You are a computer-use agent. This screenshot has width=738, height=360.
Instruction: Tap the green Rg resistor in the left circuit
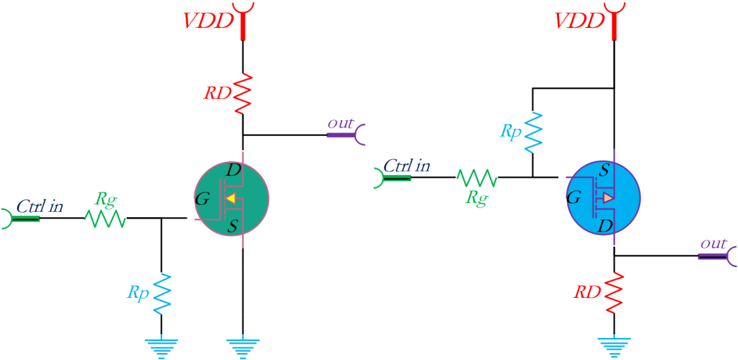[105, 218]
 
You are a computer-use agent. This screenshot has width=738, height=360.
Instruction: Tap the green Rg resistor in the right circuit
[477, 178]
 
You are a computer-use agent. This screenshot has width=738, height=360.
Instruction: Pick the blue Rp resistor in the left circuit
[161, 292]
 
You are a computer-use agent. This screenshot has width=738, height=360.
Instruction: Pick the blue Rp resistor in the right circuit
[532, 130]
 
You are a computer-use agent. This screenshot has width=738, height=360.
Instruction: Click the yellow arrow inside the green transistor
[231, 199]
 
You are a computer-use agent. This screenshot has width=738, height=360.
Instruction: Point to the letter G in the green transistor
[202, 199]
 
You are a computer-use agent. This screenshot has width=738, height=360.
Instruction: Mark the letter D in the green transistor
[233, 170]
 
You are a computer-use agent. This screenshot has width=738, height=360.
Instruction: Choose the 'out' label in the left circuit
[340, 123]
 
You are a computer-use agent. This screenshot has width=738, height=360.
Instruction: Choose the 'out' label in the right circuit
[713, 244]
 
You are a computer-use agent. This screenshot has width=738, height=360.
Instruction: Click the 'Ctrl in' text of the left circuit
[40, 205]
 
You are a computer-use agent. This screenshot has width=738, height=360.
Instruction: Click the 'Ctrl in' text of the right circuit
[407, 165]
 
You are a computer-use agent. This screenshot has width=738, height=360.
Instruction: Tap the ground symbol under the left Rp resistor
[161, 348]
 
